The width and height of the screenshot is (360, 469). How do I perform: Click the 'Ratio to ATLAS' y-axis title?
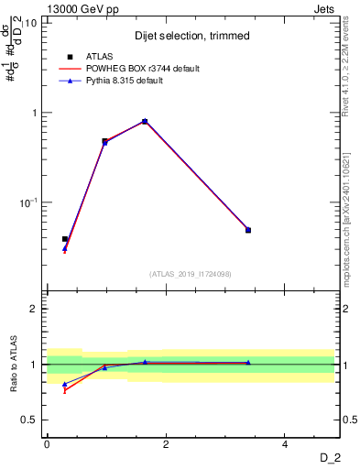point(14,365)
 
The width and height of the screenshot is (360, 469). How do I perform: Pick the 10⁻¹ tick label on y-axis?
point(28,202)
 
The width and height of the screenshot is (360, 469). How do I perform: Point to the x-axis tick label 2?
point(166,443)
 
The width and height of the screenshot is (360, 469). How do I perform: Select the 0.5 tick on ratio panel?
point(28,420)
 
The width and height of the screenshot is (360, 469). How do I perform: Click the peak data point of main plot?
point(145,121)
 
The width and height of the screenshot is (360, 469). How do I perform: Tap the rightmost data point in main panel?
point(248,230)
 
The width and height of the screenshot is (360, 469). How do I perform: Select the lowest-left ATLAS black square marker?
point(64,239)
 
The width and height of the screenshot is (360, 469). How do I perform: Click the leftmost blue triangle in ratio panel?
point(64,385)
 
